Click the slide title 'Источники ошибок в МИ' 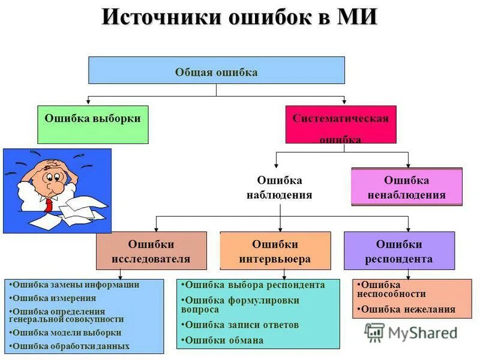[x=239, y=16]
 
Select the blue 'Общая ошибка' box [x=217, y=70]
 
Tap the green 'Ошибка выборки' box [x=92, y=124]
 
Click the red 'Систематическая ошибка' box [x=340, y=124]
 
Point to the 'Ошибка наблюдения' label [x=279, y=187]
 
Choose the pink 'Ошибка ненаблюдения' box [x=406, y=187]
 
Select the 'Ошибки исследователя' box [x=151, y=251]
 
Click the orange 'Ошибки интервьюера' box [x=275, y=251]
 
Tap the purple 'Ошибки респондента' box [x=398, y=251]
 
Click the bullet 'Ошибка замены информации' [x=76, y=284]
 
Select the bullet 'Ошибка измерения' [x=54, y=298]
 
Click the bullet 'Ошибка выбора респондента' [x=254, y=285]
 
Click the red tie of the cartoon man [x=49, y=204]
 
